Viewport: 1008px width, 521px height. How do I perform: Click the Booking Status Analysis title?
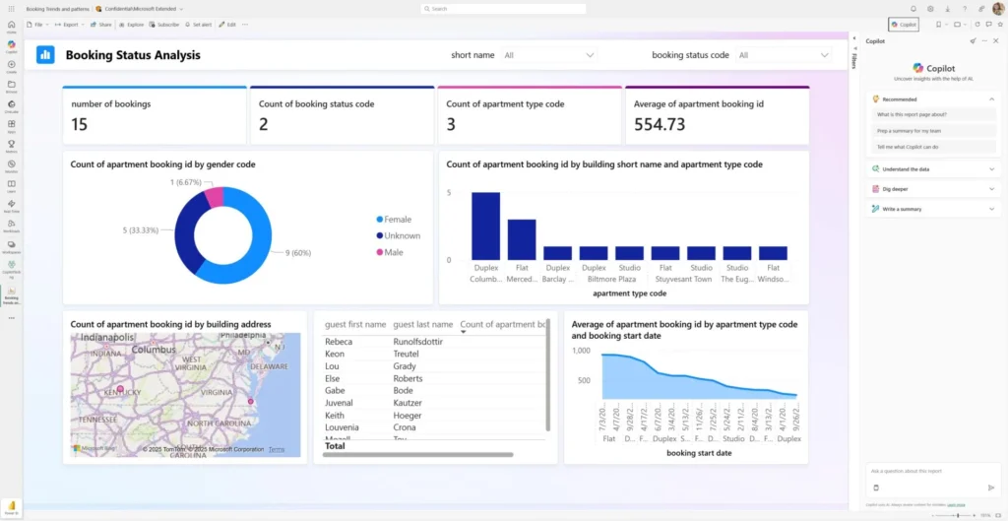click(x=133, y=55)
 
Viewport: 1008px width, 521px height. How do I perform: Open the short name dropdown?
click(x=548, y=55)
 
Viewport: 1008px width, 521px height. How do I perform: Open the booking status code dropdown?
click(x=784, y=55)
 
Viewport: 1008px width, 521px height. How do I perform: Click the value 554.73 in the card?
click(x=660, y=124)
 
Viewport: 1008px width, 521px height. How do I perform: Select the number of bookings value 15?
click(x=80, y=124)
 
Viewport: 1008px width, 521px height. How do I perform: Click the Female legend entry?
click(x=397, y=220)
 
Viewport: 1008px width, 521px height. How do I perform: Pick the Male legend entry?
click(x=393, y=252)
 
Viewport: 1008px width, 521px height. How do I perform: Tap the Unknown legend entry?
click(x=402, y=235)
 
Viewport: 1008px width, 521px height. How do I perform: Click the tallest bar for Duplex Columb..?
click(x=485, y=226)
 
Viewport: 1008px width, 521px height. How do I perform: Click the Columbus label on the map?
click(x=154, y=350)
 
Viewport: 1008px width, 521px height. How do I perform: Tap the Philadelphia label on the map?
click(x=249, y=337)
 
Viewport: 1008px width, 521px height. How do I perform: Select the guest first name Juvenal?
click(x=339, y=403)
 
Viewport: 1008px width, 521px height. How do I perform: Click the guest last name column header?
click(x=422, y=324)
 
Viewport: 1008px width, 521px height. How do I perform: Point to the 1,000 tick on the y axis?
click(x=581, y=351)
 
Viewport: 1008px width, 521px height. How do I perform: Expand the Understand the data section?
click(x=930, y=169)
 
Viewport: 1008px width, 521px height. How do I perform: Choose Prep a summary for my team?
click(x=911, y=130)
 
